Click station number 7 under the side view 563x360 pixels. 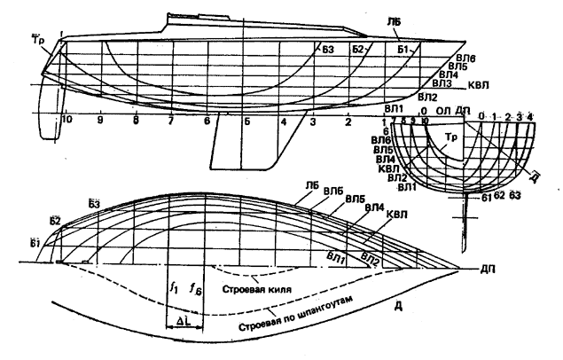(170, 119)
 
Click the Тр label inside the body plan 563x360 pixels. (454, 137)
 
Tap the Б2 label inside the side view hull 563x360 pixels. (359, 49)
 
